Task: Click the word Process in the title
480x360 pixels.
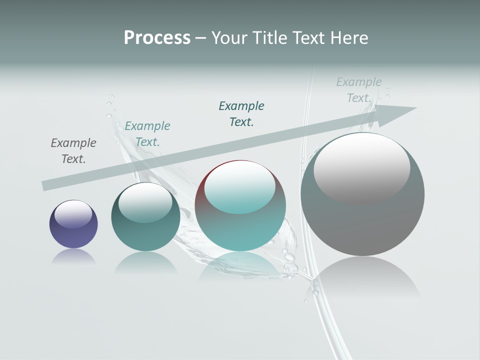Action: (x=157, y=38)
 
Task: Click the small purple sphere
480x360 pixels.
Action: (x=73, y=235)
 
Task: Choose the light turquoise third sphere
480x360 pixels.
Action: (x=240, y=230)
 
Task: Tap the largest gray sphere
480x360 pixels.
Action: (x=362, y=225)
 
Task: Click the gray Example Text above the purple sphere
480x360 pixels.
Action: (x=73, y=151)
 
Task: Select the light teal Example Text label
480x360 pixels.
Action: (x=147, y=134)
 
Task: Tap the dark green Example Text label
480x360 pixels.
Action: (x=241, y=114)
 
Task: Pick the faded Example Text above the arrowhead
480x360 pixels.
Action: (x=359, y=90)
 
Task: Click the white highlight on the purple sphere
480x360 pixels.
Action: (x=73, y=214)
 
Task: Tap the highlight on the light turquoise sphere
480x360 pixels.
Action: (x=240, y=187)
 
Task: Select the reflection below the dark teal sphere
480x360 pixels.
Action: (x=145, y=262)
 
